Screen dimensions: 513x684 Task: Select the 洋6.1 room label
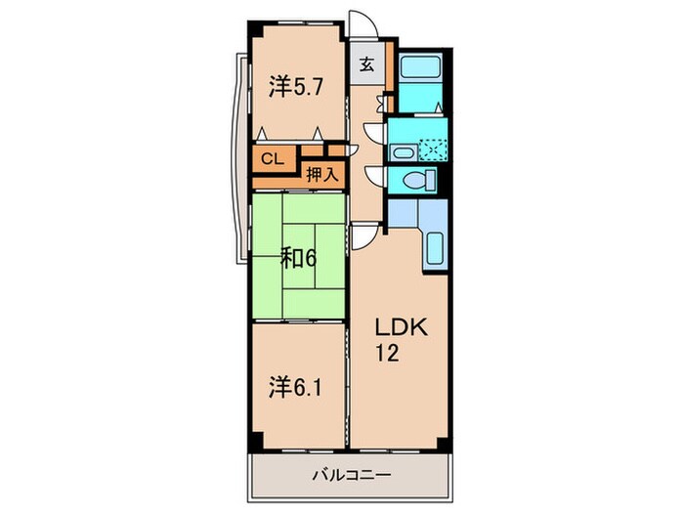point(297,388)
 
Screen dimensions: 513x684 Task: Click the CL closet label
point(272,156)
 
